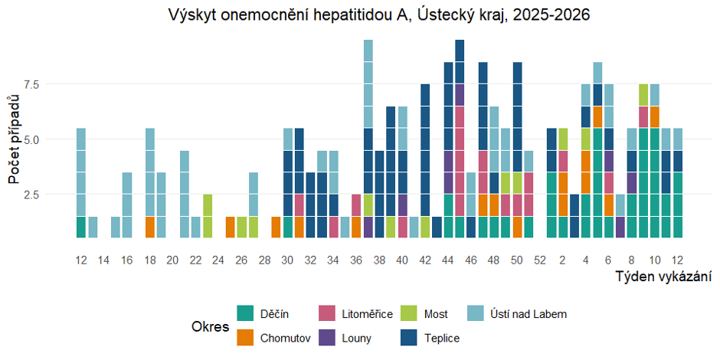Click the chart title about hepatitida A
[x=380, y=15]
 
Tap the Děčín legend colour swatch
[x=245, y=313]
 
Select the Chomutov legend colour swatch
[x=245, y=337]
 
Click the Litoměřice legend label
[x=368, y=314]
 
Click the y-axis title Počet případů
[x=14, y=139]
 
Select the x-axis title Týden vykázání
[x=663, y=277]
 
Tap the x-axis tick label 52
[x=540, y=260]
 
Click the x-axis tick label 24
[x=218, y=260]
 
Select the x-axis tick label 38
[x=379, y=260]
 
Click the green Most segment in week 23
[x=207, y=205]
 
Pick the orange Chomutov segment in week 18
[x=150, y=227]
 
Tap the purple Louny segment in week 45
[x=460, y=95]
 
